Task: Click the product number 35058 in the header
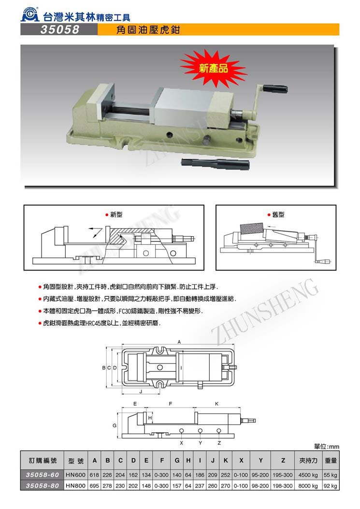click(60, 29)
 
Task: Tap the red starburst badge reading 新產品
click(213, 68)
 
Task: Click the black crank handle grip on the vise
click(275, 88)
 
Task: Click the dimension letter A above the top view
click(179, 342)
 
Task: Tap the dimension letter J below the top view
click(141, 392)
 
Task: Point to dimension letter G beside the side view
click(115, 425)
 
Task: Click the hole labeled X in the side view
click(182, 430)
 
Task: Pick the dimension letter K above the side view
click(216, 404)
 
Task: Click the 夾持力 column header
click(308, 460)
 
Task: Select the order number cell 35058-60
click(42, 475)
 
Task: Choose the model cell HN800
click(76, 486)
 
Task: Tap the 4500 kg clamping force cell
click(308, 475)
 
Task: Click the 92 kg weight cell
click(330, 486)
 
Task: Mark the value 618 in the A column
click(94, 475)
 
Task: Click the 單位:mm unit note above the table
click(327, 447)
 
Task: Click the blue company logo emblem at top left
click(30, 15)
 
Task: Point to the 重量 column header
click(331, 460)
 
